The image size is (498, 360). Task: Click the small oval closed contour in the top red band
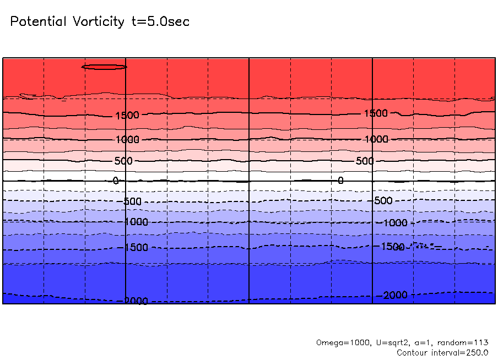click(104, 67)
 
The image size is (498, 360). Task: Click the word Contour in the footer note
click(413, 352)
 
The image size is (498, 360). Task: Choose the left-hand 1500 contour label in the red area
click(127, 116)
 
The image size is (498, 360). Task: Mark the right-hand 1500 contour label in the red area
click(376, 113)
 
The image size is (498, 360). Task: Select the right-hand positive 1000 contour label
click(376, 139)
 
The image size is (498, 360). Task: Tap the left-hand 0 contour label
click(116, 181)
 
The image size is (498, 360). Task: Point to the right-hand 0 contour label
click(340, 181)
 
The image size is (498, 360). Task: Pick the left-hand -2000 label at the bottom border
click(134, 301)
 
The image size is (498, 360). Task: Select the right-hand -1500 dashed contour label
click(392, 246)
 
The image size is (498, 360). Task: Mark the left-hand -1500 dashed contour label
click(134, 247)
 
